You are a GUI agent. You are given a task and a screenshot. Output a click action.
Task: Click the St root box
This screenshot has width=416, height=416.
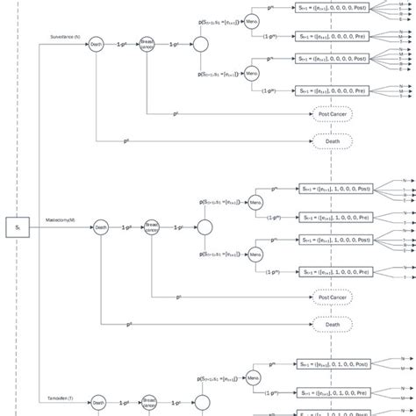18,227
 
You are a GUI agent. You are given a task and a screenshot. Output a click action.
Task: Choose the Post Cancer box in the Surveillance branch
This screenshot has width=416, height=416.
332,114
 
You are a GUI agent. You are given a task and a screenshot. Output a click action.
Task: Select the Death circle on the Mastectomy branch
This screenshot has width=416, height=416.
100,227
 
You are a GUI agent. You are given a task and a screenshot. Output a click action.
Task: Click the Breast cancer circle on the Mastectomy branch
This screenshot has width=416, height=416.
151,227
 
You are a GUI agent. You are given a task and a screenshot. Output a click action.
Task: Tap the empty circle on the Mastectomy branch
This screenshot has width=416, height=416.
204,227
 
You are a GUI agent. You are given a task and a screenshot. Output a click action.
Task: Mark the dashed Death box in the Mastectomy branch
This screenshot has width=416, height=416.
332,324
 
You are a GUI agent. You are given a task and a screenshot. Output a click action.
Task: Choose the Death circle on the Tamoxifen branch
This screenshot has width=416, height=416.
99,405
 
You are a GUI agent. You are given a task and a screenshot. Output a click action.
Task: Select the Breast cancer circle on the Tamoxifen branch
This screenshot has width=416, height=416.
150,405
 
